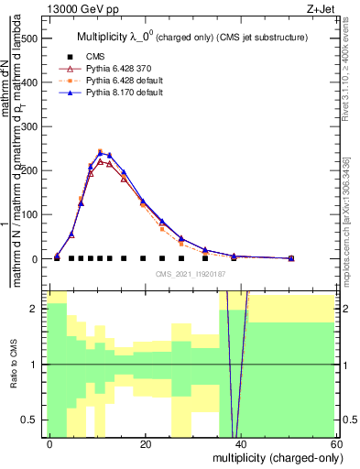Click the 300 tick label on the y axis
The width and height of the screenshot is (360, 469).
point(31,126)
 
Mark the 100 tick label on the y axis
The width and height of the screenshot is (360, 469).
point(31,214)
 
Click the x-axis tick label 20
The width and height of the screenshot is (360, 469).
point(145,444)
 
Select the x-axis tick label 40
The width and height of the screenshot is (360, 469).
point(241,444)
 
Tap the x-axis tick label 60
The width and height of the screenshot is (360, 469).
point(336,444)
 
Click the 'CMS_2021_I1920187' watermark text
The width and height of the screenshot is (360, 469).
point(191,273)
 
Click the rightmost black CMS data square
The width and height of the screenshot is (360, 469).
point(291,258)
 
